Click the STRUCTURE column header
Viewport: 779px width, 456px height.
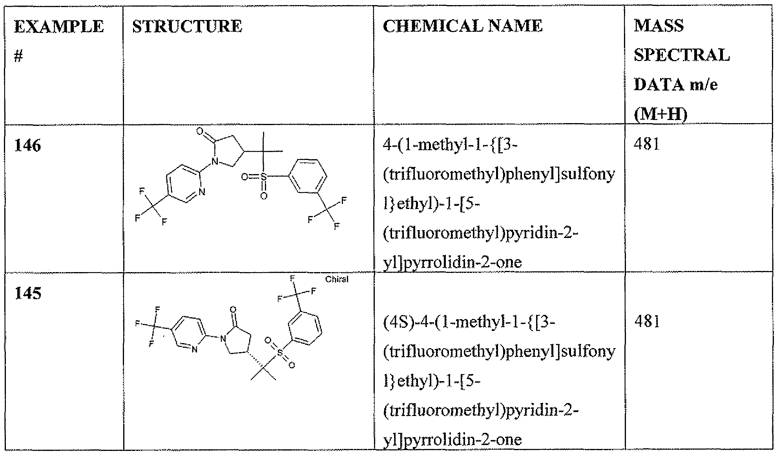tap(187, 26)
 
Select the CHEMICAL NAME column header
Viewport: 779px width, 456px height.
tap(463, 26)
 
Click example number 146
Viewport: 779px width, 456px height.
tap(27, 146)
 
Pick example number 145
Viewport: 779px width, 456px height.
tap(27, 293)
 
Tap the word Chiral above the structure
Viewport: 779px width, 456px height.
tap(337, 280)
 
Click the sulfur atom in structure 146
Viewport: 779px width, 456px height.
tap(263, 177)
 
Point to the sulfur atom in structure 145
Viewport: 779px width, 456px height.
tap(280, 353)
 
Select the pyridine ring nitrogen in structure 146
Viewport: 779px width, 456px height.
tap(202, 192)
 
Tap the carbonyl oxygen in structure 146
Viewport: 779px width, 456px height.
tap(199, 131)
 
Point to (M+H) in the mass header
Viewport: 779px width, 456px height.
tap(661, 114)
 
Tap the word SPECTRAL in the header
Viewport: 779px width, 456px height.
tap(682, 55)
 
